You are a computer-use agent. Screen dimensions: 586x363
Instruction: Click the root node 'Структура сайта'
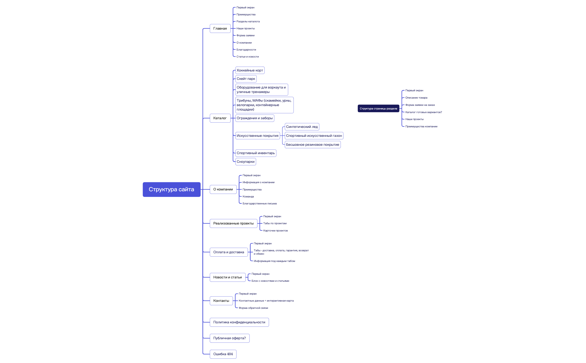172,189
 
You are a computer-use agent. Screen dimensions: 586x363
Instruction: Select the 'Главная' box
220,28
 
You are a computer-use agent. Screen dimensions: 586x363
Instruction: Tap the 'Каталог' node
220,118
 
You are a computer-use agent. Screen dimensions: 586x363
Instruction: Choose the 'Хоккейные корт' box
250,70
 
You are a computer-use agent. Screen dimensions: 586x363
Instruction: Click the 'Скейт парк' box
246,79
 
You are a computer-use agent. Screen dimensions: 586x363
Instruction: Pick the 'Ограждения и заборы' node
255,118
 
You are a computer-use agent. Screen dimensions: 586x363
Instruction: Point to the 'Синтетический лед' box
302,127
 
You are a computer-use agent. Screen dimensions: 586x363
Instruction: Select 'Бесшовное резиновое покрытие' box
313,145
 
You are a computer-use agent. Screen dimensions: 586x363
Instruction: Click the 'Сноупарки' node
246,162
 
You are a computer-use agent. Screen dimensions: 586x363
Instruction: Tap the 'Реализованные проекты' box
234,223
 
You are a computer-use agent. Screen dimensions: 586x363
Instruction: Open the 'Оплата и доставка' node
229,252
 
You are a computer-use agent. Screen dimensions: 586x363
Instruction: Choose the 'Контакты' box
221,301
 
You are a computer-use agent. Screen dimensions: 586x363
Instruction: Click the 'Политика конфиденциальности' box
239,322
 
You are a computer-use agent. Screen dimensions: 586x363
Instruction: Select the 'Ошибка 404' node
223,354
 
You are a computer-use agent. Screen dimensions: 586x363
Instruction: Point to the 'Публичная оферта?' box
230,338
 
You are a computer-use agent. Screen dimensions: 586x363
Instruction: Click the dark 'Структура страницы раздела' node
378,109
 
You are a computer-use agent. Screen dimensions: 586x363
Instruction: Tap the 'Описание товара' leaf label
416,98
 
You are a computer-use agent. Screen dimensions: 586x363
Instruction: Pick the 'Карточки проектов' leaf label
275,231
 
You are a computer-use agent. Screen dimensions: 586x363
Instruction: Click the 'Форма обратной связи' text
253,308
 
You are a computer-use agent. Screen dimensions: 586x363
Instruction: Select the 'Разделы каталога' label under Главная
248,22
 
